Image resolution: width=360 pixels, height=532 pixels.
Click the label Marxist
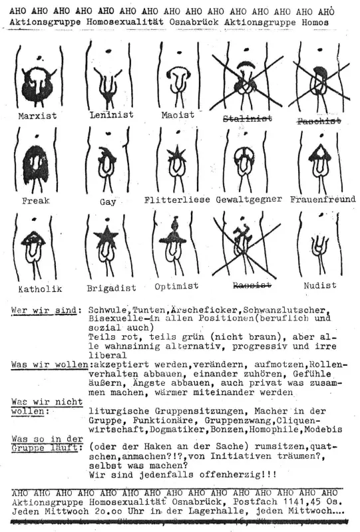point(39,116)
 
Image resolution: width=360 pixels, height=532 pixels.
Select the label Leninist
point(111,114)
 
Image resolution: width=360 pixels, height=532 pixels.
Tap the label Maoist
point(177,114)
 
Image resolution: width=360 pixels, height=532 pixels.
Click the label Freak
point(36,200)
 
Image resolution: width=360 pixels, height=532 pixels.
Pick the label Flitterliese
point(177,199)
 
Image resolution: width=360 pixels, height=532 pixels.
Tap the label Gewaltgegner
point(248,199)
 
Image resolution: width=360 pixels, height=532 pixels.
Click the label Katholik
point(37,289)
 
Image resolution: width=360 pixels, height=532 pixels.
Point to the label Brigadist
point(111,289)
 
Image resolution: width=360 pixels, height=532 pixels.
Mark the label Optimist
point(176,286)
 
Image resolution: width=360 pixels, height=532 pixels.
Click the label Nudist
point(319,285)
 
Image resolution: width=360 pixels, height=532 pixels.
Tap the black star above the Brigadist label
point(106,237)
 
